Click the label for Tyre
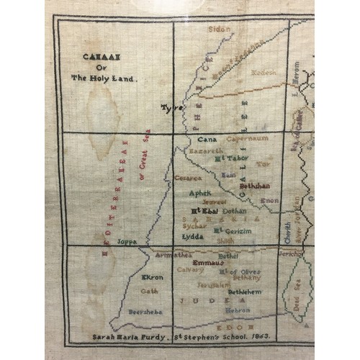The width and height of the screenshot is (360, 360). pyautogui.click(x=172, y=107)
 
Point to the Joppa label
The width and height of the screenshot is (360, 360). pyautogui.click(x=126, y=241)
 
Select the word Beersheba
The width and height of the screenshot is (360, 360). pyautogui.click(x=144, y=312)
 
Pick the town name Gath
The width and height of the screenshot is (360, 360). pyautogui.click(x=149, y=291)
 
